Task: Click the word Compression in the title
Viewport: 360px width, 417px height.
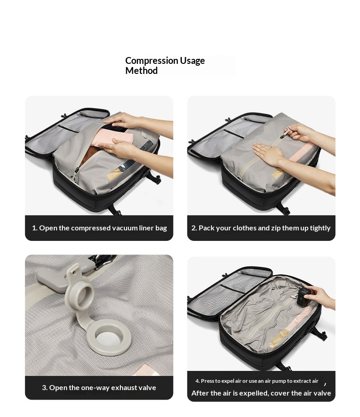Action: [x=151, y=61]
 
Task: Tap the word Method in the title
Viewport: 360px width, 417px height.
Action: [x=141, y=71]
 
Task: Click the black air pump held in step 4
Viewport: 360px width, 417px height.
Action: [x=303, y=298]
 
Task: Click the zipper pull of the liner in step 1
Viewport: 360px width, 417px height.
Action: [x=74, y=174]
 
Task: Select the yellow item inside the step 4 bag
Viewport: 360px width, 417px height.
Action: [x=278, y=340]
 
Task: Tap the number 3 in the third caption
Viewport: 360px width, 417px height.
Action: [x=44, y=388]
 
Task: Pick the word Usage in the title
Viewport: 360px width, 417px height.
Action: [x=192, y=61]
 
